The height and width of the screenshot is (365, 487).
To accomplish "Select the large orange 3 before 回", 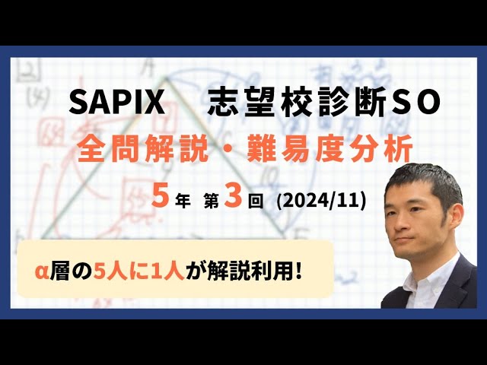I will point(235,200).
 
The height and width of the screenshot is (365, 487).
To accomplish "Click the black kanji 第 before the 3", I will point(214,202).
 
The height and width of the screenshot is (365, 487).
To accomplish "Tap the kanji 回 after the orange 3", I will point(256,202).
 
